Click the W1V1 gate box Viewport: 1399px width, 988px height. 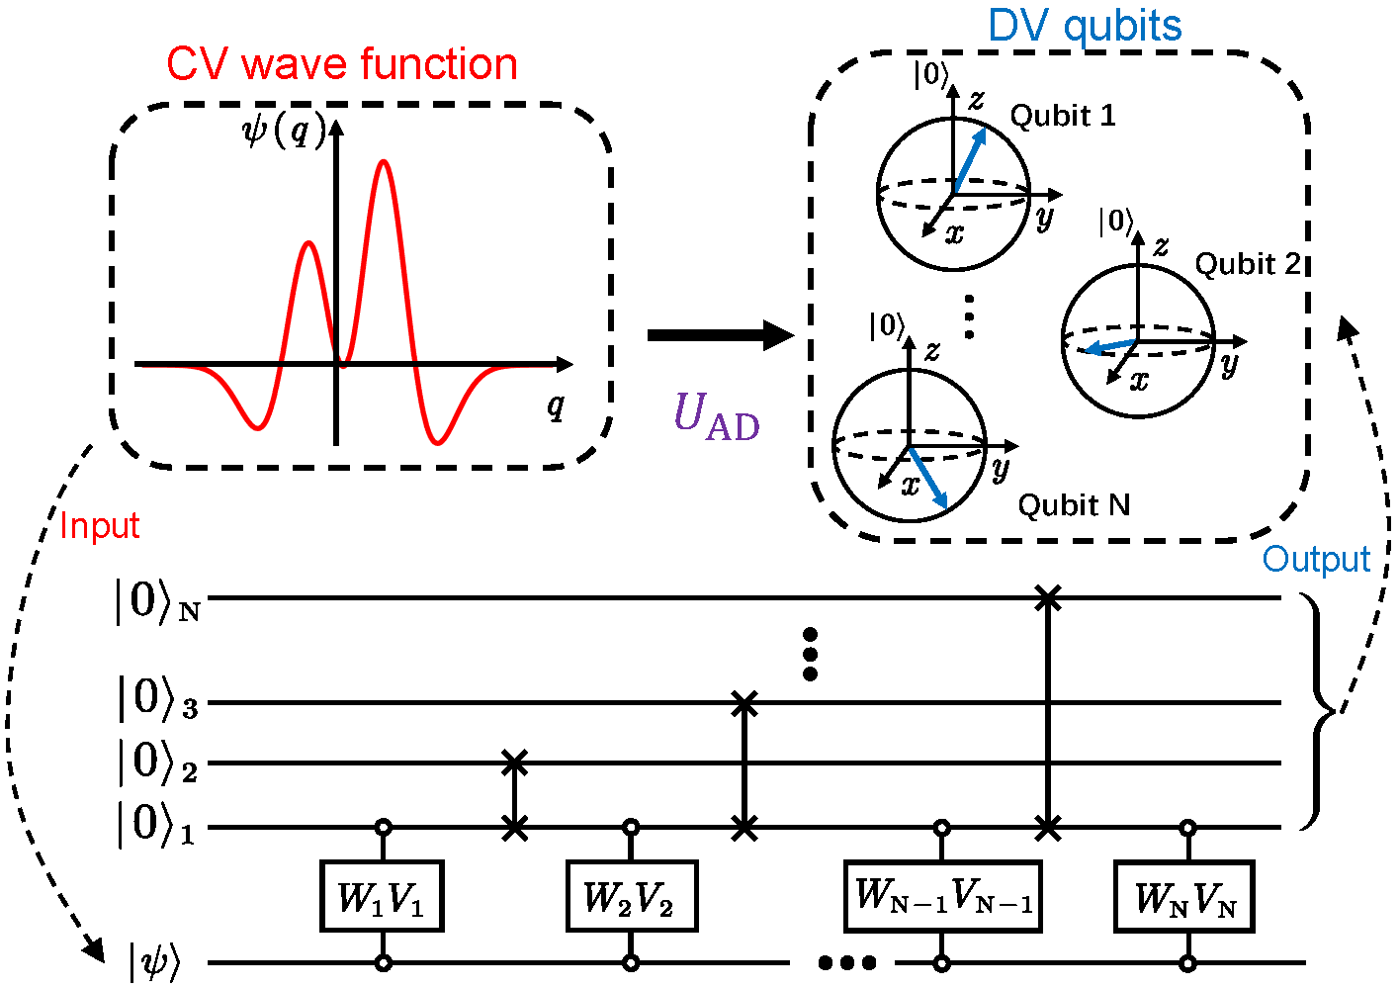383,896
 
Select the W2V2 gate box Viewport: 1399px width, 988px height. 632,896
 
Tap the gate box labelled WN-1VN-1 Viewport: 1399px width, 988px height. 942,896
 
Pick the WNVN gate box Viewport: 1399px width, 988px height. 1184,896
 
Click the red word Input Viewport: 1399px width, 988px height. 99,525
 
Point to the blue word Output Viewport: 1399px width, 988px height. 1316,559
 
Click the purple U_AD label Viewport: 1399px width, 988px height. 717,416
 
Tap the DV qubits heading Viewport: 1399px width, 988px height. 1085,27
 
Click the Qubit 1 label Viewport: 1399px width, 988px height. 1063,116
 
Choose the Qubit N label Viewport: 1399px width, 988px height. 1075,505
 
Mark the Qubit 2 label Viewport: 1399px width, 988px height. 1247,264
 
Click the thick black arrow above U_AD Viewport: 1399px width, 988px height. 721,335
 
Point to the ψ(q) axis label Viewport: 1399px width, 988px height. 284,133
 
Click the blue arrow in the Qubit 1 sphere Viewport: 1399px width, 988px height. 970,159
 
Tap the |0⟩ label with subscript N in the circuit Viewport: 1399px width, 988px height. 157,602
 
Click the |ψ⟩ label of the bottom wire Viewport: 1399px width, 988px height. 154,961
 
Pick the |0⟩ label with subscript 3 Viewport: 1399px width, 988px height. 158,699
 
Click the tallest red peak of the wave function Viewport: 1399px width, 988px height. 384,162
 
